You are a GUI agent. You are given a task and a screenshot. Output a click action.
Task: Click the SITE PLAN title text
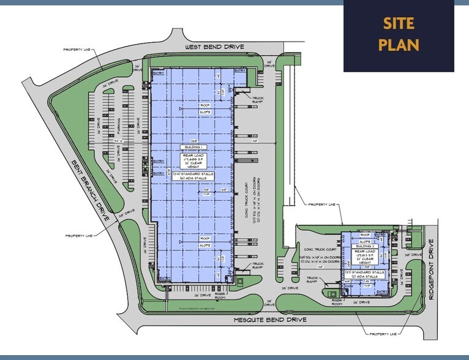pyautogui.click(x=399, y=34)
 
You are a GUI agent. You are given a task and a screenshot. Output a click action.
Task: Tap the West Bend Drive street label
pyautogui.click(x=215, y=47)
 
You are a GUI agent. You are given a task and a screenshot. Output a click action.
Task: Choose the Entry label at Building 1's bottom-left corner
pyautogui.click(x=164, y=279)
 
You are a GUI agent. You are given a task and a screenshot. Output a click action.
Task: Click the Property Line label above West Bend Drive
pyautogui.click(x=77, y=49)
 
